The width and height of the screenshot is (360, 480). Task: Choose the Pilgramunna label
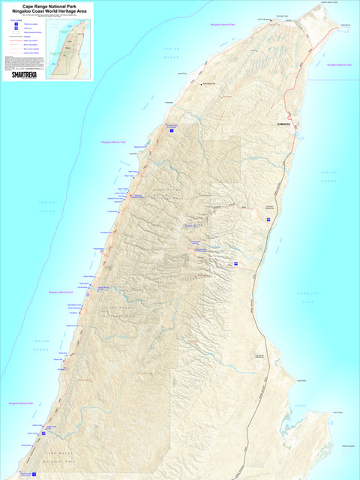(71, 326)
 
